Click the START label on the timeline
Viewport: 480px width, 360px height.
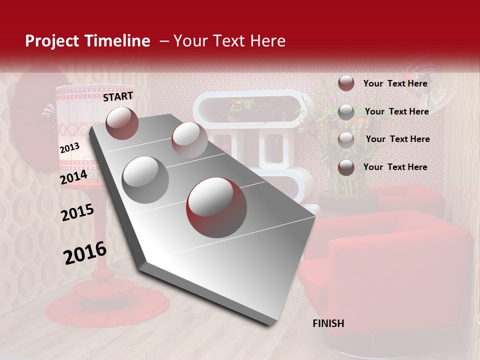tap(118, 96)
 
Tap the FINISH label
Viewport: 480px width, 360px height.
tap(328, 323)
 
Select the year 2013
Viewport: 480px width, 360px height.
tap(69, 148)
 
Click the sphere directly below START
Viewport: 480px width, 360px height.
tap(122, 123)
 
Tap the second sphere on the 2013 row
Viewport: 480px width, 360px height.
tap(189, 139)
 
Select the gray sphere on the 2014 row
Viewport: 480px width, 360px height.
tap(145, 180)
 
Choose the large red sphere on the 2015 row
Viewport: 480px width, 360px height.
tap(216, 207)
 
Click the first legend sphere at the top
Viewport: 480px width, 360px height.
tap(346, 83)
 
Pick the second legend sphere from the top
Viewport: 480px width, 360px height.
tap(346, 112)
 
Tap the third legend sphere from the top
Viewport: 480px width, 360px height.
tap(346, 140)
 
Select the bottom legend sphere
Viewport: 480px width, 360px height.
tap(346, 167)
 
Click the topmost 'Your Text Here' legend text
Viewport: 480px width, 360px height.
tap(395, 83)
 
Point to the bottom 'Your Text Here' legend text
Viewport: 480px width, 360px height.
tap(395, 167)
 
